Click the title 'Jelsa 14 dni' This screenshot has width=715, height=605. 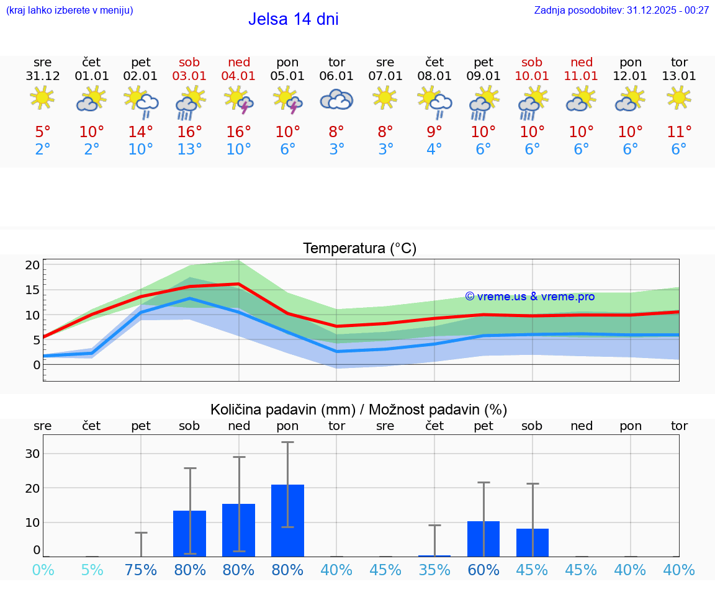293,19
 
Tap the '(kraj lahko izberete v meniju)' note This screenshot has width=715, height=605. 70,10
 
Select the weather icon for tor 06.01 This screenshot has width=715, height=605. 336,99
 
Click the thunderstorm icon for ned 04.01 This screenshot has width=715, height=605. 239,100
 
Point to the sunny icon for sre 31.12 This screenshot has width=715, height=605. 42,97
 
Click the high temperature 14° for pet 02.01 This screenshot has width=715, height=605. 141,132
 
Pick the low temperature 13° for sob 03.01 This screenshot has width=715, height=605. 190,150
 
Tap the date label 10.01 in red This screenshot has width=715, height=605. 532,76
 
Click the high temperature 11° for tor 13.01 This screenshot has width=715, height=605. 679,132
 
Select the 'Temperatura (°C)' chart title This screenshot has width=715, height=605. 359,249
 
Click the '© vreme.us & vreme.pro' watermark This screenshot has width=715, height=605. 529,297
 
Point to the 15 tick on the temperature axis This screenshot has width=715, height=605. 32,290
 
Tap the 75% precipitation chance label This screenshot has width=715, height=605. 141,570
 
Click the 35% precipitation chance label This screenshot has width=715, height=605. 434,570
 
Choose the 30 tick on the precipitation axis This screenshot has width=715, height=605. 32,454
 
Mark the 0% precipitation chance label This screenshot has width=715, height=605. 42,570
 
